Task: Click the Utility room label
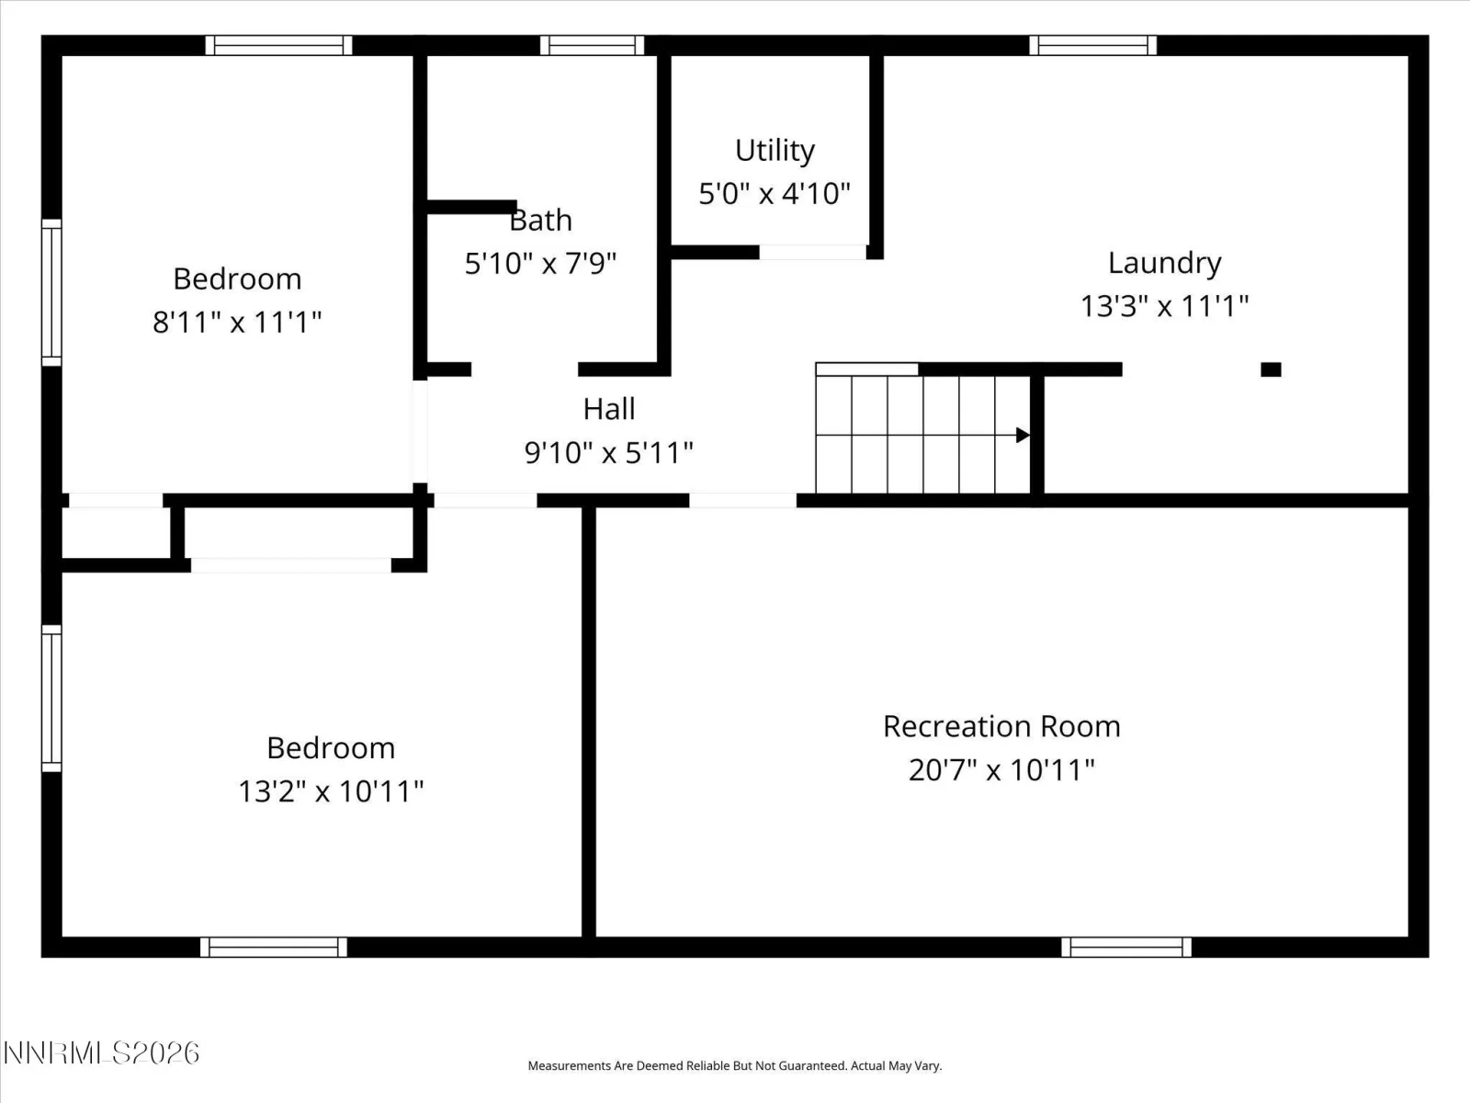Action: coord(775,151)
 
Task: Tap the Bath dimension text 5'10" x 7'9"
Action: coord(540,263)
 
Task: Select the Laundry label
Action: coord(1165,263)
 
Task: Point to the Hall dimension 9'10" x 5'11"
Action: coord(609,453)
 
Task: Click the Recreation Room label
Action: coord(1001,727)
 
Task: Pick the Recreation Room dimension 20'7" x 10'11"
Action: coord(1001,770)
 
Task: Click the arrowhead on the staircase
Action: coord(1023,436)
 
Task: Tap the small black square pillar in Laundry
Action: coord(1272,370)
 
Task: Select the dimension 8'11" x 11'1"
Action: coord(237,322)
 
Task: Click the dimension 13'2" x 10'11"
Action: coord(331,791)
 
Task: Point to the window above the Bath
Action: coord(592,46)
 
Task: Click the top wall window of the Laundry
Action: coord(1093,46)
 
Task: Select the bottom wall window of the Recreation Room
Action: coord(1126,947)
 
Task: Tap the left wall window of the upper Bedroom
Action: coord(51,292)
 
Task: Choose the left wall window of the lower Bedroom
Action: coord(51,699)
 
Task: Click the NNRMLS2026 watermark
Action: coord(101,1053)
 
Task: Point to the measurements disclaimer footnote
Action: coord(735,1065)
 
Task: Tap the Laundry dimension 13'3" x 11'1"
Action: coord(1165,307)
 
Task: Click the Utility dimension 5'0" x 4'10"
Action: coord(775,194)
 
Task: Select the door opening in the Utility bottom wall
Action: coord(812,252)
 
